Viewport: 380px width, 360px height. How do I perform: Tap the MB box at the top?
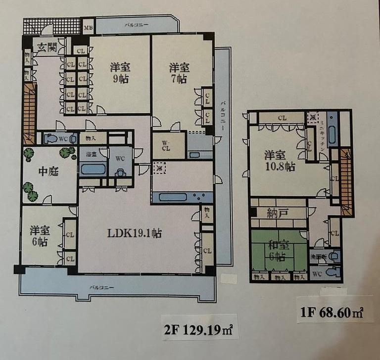click(x=88, y=27)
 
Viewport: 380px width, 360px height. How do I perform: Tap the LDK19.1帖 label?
click(x=136, y=232)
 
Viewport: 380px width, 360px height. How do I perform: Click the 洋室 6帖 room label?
click(x=39, y=235)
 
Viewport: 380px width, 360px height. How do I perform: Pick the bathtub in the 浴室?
click(x=94, y=170)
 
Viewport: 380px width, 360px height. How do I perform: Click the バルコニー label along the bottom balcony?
click(x=102, y=287)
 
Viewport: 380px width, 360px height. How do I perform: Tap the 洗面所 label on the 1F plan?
click(x=319, y=257)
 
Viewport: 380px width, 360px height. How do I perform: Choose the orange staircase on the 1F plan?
click(x=345, y=180)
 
